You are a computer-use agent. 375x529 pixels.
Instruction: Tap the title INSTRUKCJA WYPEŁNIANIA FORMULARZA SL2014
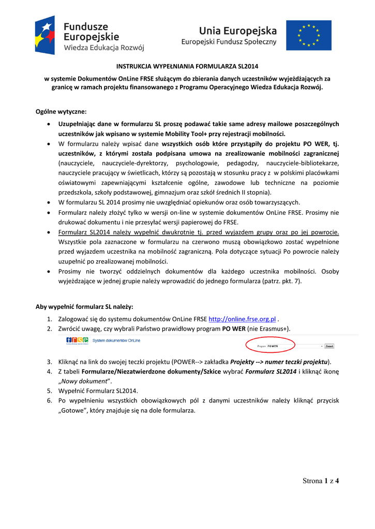click(x=187, y=67)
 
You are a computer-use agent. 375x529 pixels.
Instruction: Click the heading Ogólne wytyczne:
click(x=61, y=112)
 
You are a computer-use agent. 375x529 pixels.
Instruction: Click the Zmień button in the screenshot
click(x=329, y=346)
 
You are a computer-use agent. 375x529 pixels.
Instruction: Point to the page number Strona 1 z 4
click(x=321, y=481)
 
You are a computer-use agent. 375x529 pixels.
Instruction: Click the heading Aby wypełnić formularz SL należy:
click(x=84, y=306)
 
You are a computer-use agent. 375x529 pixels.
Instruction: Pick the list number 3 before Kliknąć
click(x=49, y=362)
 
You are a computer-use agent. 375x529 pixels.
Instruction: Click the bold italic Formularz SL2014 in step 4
click(x=271, y=371)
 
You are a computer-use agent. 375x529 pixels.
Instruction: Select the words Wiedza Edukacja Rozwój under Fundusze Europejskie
click(x=104, y=48)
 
